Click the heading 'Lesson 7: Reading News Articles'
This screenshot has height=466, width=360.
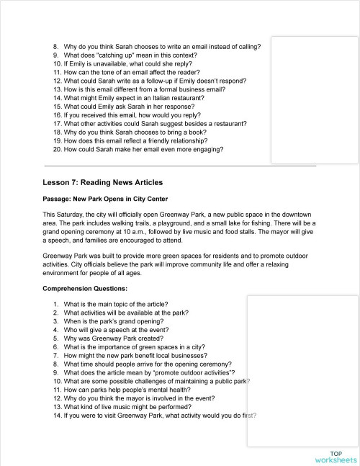[x=102, y=183]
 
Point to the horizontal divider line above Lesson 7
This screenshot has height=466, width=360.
[x=180, y=166]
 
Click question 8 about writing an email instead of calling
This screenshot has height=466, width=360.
[x=161, y=46]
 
